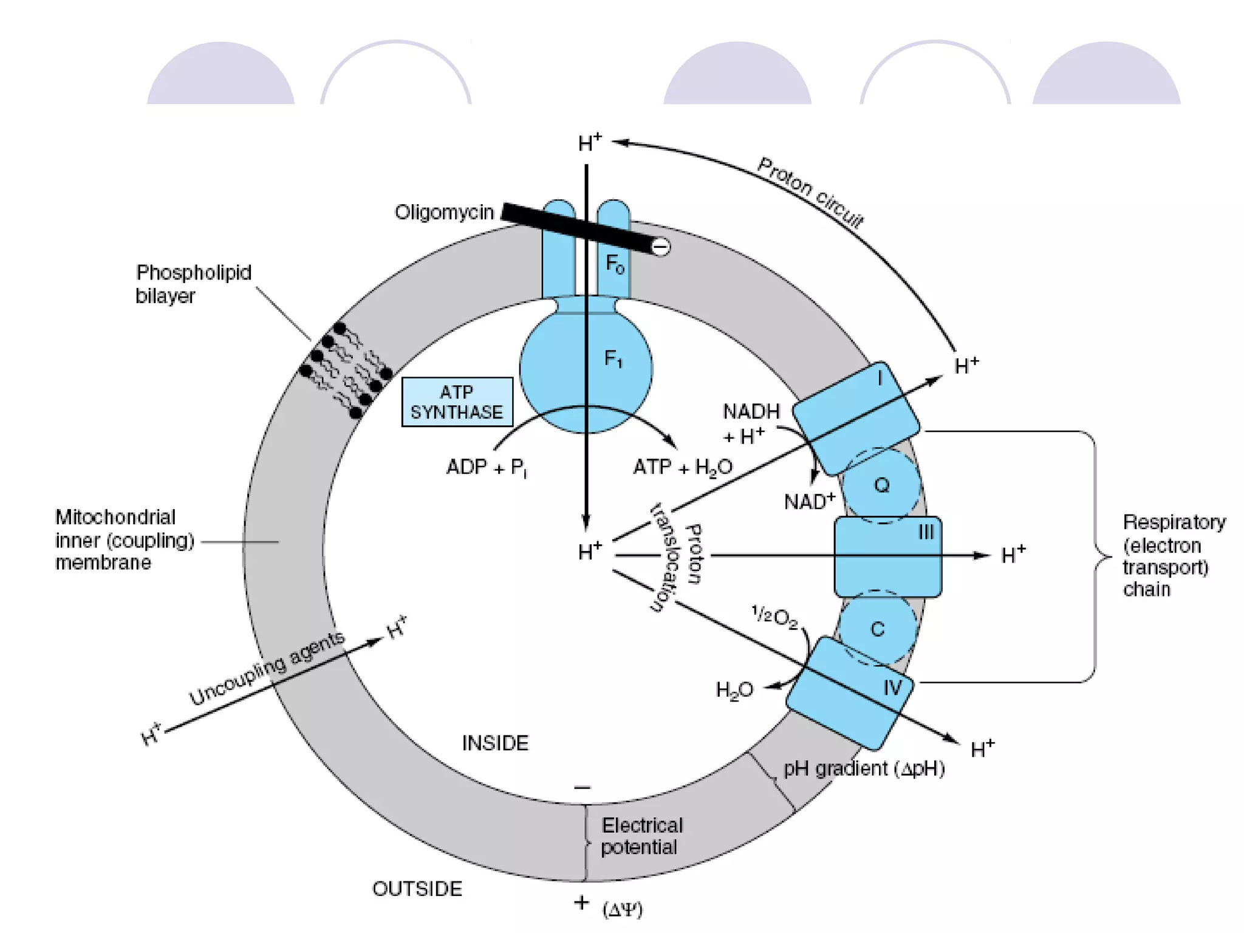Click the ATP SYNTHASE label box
[457, 402]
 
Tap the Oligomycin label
[444, 213]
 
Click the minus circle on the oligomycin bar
[660, 247]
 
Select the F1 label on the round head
[613, 359]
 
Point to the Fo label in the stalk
[615, 264]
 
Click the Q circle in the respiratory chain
[881, 485]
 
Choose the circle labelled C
[877, 629]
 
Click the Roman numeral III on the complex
[926, 533]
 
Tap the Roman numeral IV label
[892, 688]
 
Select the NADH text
[751, 412]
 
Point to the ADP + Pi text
[486, 468]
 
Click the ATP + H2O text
[683, 468]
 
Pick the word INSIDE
[495, 743]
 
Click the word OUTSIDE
[417, 889]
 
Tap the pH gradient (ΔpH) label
[864, 769]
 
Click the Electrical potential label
[641, 836]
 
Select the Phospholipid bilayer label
[193, 284]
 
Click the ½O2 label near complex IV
[774, 618]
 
